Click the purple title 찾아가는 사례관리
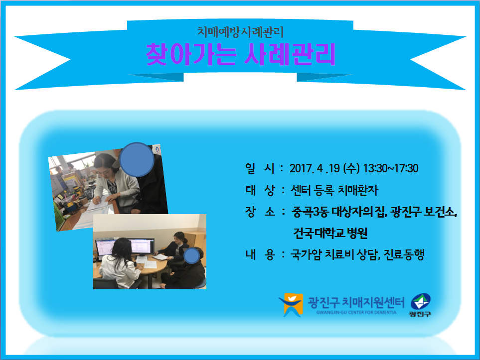[x=241, y=54]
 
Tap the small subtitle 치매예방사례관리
[x=240, y=32]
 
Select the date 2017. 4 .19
[x=315, y=168]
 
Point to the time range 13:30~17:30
[x=391, y=168]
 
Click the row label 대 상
[x=260, y=190]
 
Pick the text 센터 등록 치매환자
[x=334, y=190]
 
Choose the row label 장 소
[x=260, y=211]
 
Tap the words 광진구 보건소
[x=424, y=212]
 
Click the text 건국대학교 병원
[x=330, y=233]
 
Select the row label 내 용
[x=260, y=254]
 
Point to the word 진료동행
[x=404, y=254]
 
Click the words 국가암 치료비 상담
[x=334, y=254]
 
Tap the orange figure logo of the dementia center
[x=291, y=305]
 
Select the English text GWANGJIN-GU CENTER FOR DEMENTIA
[x=356, y=312]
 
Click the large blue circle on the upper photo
[x=137, y=160]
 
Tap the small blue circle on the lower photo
[x=191, y=256]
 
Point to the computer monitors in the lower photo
[x=125, y=246]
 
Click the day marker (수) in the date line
[x=351, y=168]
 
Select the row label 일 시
[x=260, y=168]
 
